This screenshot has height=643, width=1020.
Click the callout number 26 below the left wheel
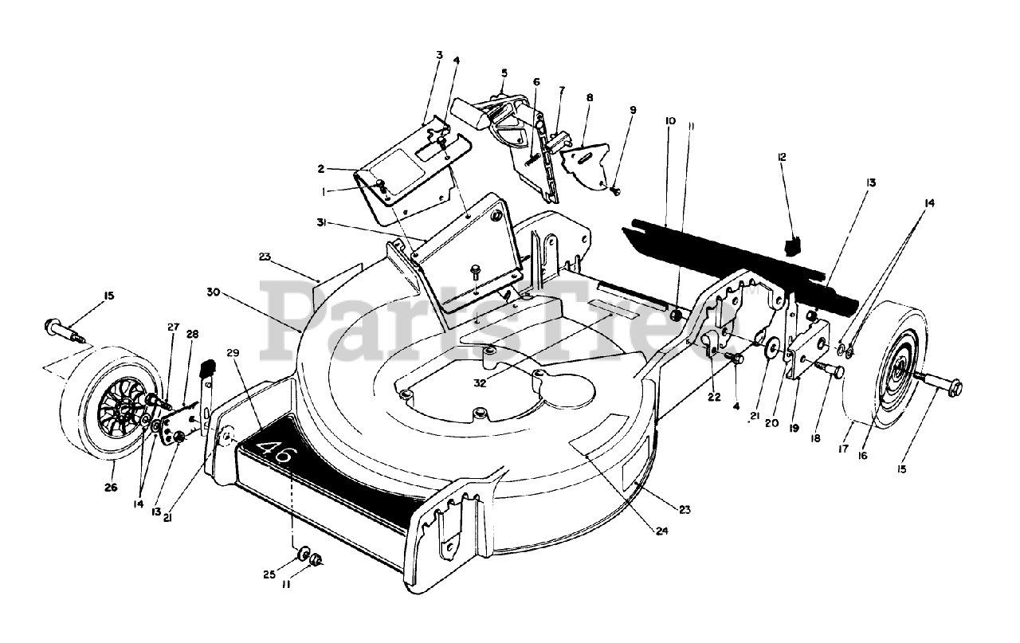(x=110, y=488)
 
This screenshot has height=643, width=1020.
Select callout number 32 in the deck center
(x=479, y=382)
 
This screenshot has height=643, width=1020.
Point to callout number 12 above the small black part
(x=782, y=157)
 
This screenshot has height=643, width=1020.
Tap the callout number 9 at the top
(x=633, y=109)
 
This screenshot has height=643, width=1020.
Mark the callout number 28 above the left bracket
(x=191, y=334)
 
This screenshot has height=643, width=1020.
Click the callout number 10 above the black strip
(x=670, y=120)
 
